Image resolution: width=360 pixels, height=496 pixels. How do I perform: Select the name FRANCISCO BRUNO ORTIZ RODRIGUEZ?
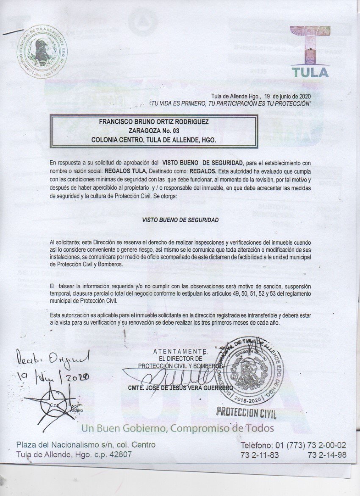pyautogui.click(x=154, y=121)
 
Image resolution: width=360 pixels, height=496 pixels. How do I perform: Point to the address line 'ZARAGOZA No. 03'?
pyautogui.click(x=154, y=130)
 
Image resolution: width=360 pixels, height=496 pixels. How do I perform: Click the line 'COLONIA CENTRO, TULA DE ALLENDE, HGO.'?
pyautogui.click(x=154, y=139)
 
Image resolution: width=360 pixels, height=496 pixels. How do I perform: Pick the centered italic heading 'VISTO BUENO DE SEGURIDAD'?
pyautogui.click(x=180, y=220)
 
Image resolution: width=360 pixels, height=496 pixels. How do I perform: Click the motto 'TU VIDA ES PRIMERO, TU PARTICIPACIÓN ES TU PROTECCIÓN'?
pyautogui.click(x=230, y=103)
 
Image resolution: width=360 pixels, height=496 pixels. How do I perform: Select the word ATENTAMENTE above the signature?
pyautogui.click(x=180, y=351)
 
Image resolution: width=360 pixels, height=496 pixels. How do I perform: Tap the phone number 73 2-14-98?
pyautogui.click(x=328, y=454)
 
